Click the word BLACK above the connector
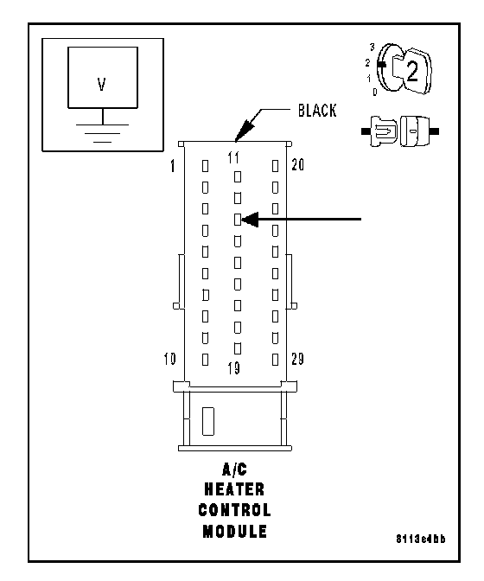pyautogui.click(x=317, y=111)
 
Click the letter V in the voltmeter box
pyautogui.click(x=101, y=84)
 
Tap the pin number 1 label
pyautogui.click(x=173, y=166)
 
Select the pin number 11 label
pyautogui.click(x=233, y=158)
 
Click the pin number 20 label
pyautogui.click(x=297, y=164)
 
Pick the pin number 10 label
pyautogui.click(x=170, y=359)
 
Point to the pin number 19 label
pyautogui.click(x=233, y=368)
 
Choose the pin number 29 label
pyautogui.click(x=297, y=359)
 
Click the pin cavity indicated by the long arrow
pyautogui.click(x=238, y=220)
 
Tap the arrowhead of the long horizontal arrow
pyautogui.click(x=250, y=220)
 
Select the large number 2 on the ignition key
pyautogui.click(x=412, y=71)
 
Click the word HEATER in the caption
pyautogui.click(x=234, y=489)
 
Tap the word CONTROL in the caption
pyautogui.click(x=234, y=510)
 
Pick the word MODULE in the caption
pyautogui.click(x=234, y=531)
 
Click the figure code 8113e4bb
pyautogui.click(x=421, y=539)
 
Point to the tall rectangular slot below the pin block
pyautogui.click(x=208, y=421)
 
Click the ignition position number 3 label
pyautogui.click(x=373, y=47)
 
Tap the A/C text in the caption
pyautogui.click(x=234, y=469)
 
